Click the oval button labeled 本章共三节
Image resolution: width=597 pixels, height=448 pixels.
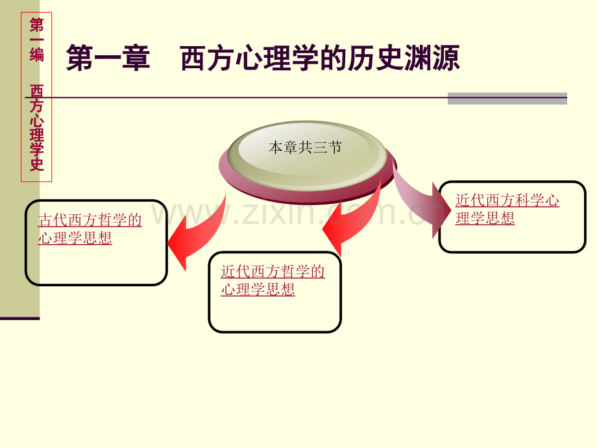tap(305, 148)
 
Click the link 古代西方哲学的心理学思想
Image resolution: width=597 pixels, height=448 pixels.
tap(90, 229)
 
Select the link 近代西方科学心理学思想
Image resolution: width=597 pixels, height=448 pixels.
tap(507, 209)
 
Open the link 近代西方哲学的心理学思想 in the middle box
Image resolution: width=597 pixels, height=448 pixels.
tap(273, 280)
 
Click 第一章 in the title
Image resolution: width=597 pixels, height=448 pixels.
tap(108, 58)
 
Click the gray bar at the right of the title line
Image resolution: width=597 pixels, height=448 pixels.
tap(507, 98)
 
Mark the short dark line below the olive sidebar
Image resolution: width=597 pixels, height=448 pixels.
tap(19, 318)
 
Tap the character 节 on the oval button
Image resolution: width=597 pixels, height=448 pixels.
tap(335, 148)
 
